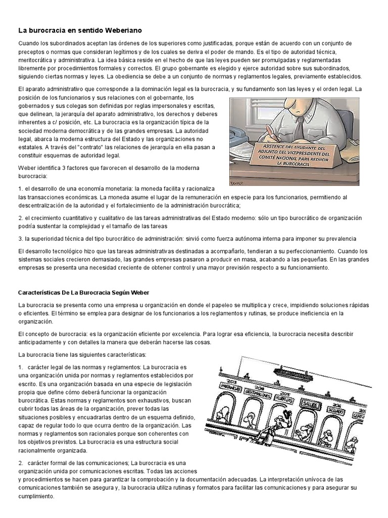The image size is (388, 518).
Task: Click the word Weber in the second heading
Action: [x=138, y=292]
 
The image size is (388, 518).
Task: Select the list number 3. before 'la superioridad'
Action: [x=20, y=238]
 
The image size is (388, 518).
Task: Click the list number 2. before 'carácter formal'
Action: [x=21, y=463]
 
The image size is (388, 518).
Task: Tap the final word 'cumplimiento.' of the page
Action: [x=36, y=496]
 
